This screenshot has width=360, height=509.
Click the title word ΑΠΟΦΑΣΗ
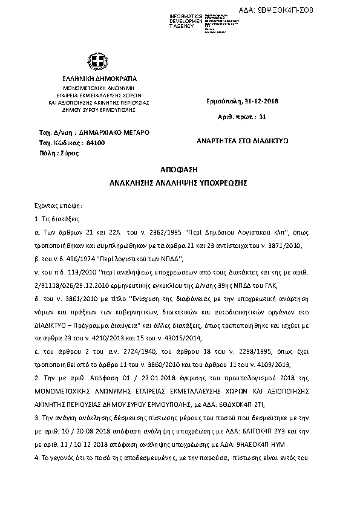coord(180,170)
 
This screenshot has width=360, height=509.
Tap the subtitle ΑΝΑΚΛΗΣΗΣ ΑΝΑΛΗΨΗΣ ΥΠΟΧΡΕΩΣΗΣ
coord(180,182)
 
